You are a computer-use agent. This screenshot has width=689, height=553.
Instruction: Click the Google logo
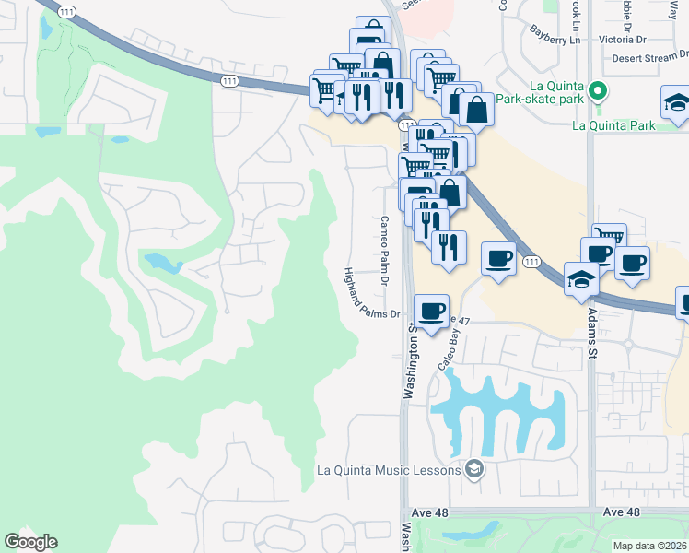[30, 542]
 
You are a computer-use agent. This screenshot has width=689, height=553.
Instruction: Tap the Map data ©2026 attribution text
[649, 546]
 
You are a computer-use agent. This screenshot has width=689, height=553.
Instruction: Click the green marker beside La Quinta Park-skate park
[598, 90]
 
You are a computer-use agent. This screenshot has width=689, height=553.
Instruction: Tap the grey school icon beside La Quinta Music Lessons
[473, 469]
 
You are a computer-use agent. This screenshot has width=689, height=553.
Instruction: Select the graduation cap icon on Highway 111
[580, 279]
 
